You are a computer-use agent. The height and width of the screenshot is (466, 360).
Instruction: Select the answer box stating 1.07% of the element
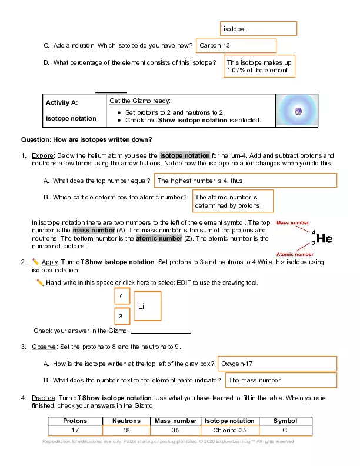(x=259, y=66)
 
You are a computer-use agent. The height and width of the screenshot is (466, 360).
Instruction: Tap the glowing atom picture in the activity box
(x=297, y=111)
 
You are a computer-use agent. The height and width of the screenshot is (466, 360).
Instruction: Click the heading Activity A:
(x=62, y=102)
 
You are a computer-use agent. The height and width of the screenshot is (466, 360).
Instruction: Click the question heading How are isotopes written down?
(x=86, y=139)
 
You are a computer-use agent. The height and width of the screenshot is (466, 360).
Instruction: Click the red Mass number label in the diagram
(x=292, y=224)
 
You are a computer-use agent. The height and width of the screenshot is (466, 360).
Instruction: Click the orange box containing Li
(x=148, y=306)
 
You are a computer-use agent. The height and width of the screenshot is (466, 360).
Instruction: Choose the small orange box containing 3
(x=121, y=317)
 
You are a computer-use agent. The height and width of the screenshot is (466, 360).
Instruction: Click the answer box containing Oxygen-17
(x=277, y=364)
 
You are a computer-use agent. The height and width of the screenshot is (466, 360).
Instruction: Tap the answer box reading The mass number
(x=281, y=380)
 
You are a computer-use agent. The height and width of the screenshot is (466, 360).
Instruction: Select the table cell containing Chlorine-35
(x=229, y=430)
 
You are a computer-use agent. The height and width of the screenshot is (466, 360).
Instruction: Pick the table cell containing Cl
(x=285, y=430)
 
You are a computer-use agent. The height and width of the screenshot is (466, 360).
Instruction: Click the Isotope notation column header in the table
(x=229, y=421)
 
